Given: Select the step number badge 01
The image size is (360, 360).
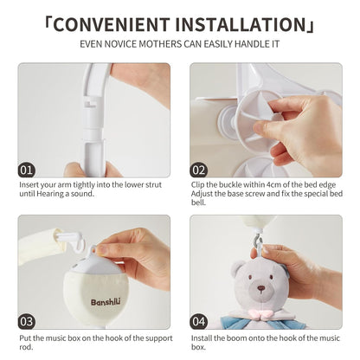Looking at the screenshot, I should tap(28, 170).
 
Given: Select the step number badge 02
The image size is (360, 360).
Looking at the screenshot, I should tap(200, 170).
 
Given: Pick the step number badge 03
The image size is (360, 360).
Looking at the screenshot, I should tap(28, 322).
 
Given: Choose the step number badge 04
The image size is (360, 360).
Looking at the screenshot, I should tap(200, 322).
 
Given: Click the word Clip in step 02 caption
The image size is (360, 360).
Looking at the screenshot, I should tap(198, 184).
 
